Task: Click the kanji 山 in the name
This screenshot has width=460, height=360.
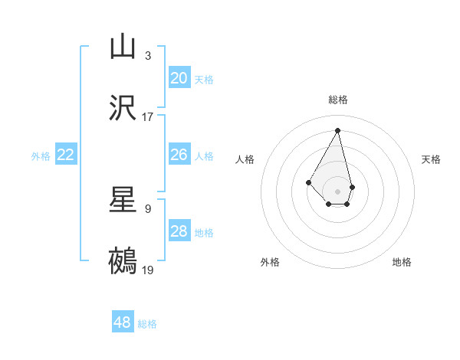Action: (x=123, y=47)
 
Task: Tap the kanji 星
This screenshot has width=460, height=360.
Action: (x=123, y=200)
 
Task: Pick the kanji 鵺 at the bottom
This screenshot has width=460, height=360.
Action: (x=123, y=261)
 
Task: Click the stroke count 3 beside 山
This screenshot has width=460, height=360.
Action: (x=147, y=55)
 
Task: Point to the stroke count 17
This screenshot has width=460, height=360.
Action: (x=148, y=116)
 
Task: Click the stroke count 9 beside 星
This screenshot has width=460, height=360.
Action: (x=147, y=208)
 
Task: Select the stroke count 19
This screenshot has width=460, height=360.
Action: (x=148, y=270)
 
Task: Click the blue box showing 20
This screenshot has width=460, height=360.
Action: (x=179, y=78)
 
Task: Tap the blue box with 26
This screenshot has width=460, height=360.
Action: (x=179, y=155)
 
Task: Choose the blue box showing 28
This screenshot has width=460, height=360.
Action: (x=179, y=231)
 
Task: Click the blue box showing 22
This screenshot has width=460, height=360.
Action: (x=66, y=155)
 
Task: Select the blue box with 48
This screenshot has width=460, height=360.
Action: (x=123, y=322)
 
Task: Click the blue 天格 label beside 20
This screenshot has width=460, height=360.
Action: (x=204, y=79)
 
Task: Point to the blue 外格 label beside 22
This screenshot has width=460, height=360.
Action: (x=41, y=155)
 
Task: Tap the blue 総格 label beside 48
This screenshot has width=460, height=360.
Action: (x=147, y=323)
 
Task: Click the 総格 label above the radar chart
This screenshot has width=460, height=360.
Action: (x=338, y=100)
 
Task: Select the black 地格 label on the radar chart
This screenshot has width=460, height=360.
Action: (x=402, y=262)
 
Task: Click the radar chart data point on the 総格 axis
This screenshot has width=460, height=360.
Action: (x=337, y=129)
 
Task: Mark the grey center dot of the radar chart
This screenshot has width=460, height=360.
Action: (x=337, y=190)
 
